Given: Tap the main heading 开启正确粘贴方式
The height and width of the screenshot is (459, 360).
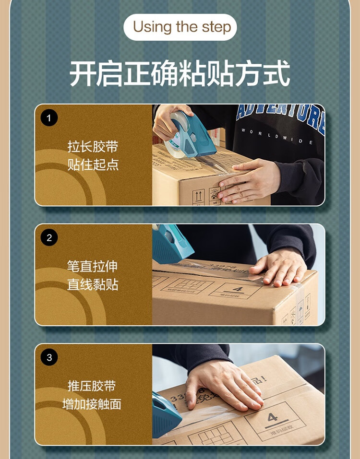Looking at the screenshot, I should [x=180, y=73].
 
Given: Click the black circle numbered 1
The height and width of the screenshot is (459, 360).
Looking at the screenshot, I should [x=49, y=118].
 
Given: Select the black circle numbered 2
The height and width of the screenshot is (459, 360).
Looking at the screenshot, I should [x=49, y=237].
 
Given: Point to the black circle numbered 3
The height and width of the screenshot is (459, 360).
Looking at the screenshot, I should [x=49, y=357].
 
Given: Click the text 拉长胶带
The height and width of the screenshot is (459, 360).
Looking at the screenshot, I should [x=93, y=147].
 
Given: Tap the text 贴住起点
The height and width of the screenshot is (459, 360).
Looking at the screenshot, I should [x=93, y=165].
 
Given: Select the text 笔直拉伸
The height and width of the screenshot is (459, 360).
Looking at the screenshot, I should [x=93, y=267].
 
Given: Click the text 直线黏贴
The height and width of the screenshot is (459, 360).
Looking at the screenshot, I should [x=93, y=285].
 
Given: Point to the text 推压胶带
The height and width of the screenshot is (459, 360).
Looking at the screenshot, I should [x=93, y=386].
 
